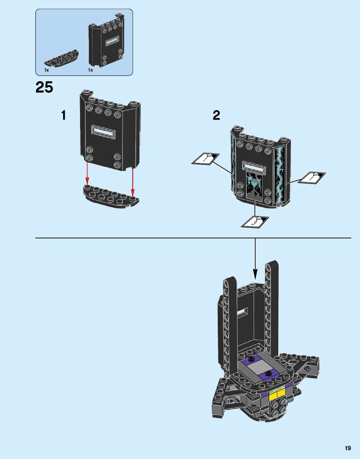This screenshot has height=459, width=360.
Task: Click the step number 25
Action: [x=44, y=88]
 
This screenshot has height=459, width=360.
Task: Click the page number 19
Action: [x=348, y=448]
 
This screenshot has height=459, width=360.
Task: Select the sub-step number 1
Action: [x=64, y=115]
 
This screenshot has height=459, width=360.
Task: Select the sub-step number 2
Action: [x=216, y=115]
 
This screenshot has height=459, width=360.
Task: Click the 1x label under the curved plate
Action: [x=47, y=70]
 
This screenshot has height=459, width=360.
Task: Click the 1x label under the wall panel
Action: [x=90, y=70]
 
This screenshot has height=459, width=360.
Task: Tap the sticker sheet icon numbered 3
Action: [x=255, y=222]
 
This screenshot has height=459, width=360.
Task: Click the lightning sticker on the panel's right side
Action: [x=279, y=175]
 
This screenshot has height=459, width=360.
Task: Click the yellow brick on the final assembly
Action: [x=276, y=393]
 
